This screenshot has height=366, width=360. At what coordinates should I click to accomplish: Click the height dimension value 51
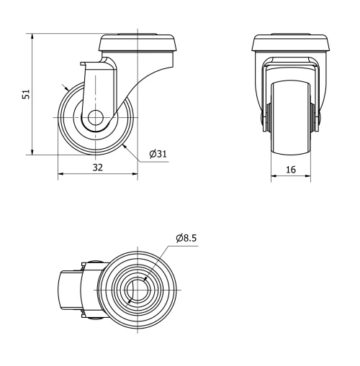tap(26, 94)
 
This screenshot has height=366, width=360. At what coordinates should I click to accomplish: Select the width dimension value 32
tap(97, 167)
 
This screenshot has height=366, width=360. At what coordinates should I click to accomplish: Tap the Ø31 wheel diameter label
tap(158, 154)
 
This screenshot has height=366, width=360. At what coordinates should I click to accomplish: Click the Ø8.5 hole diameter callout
tap(186, 238)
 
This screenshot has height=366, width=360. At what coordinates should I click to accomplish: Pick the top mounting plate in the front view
tap(292, 43)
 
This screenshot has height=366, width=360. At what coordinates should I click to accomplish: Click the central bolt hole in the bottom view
tap(136, 289)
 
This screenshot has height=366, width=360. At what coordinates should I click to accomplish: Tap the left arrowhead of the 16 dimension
tap(274, 175)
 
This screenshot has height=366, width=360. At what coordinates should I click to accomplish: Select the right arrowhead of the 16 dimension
tap(310, 175)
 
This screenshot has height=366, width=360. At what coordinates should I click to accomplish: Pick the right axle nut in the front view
tap(316, 117)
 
